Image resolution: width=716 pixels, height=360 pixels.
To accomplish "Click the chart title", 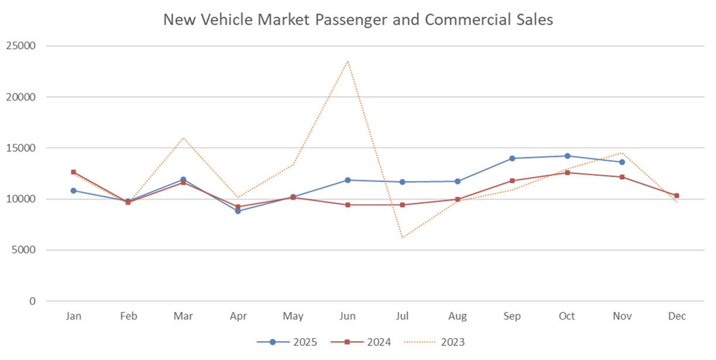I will [357, 19].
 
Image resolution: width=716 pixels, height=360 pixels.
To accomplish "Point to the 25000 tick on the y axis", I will [21, 46].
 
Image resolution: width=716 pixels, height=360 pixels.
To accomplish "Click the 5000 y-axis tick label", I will [24, 250].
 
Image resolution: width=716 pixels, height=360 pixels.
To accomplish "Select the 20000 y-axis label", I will [21, 97].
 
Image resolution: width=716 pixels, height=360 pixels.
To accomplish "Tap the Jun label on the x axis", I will [347, 316].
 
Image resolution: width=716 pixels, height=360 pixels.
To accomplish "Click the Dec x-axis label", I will [677, 316].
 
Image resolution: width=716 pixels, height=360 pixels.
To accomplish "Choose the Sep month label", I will [512, 316].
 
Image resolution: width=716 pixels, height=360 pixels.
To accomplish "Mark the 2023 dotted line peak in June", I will [348, 60].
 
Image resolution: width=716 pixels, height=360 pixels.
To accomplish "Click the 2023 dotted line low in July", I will [403, 237].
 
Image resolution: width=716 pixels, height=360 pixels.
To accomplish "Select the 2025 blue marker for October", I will [567, 156].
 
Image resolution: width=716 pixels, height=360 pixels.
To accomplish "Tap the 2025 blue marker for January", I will [73, 191].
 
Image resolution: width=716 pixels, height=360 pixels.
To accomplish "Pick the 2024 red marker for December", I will [677, 196].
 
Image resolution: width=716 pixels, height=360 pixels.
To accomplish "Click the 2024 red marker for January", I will [73, 172].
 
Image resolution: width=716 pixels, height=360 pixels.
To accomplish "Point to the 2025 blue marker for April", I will [238, 211].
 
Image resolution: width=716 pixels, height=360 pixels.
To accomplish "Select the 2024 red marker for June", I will [348, 205].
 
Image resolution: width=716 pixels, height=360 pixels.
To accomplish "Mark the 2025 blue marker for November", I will [622, 162].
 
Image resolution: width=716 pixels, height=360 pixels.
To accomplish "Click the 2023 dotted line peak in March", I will [183, 138].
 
